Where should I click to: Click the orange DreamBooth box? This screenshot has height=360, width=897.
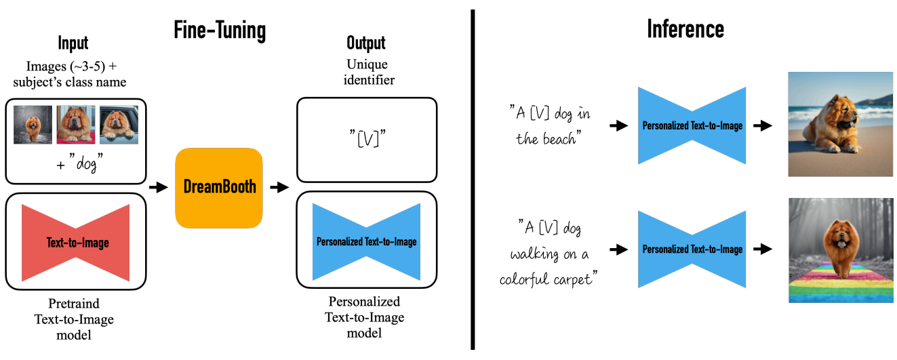coord(219,188)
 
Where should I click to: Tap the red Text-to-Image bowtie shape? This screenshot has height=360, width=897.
coord(76,243)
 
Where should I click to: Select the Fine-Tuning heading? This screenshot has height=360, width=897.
coord(220,31)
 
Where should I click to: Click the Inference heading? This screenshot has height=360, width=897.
coord(685,29)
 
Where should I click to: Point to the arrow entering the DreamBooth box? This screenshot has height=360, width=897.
coord(159,187)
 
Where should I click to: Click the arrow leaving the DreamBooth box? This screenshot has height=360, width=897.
coord(279,187)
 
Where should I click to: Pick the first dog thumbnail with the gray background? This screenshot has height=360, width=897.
coord(33,125)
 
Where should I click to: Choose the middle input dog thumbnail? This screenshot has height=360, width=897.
coord(76,125)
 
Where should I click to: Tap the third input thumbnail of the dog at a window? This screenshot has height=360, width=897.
coord(119,125)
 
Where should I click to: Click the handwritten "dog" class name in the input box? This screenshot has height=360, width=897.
coord(86,163)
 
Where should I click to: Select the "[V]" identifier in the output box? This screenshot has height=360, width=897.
coord(367,138)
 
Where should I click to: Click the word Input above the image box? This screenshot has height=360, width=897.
coord(73,43)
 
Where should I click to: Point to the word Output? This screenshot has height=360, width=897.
coord(366,43)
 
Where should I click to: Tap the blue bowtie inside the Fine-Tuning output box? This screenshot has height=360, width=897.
coord(366,241)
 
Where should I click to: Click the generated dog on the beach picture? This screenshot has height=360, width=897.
coord(841,124)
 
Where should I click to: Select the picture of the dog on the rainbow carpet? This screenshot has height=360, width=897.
coord(841,250)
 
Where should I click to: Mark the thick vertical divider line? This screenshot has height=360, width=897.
coord(473,180)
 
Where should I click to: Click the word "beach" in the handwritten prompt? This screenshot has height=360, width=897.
coord(559,138)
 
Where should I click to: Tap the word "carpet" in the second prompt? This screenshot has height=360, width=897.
coord(573,279)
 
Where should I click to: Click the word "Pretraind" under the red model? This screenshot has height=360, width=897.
coord(74,304)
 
